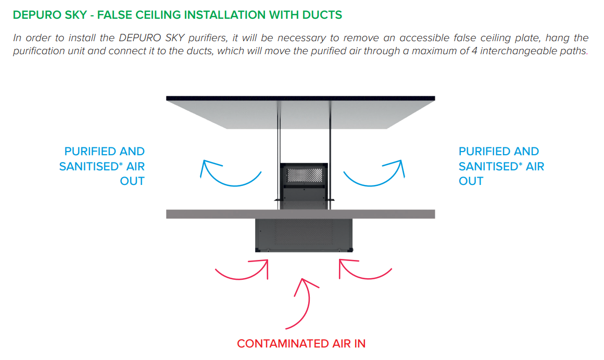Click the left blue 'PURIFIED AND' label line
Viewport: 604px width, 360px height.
pos(104,152)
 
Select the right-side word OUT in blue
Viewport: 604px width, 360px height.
pos(471,181)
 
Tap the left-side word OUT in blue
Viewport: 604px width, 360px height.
pos(132,181)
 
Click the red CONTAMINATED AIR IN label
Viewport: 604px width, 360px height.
pos(301,344)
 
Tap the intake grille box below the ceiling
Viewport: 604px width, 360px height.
pos(304,235)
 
